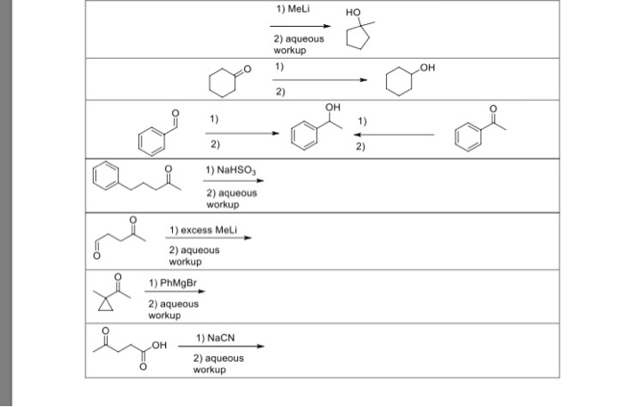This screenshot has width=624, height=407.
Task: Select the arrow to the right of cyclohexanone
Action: [319, 79]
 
